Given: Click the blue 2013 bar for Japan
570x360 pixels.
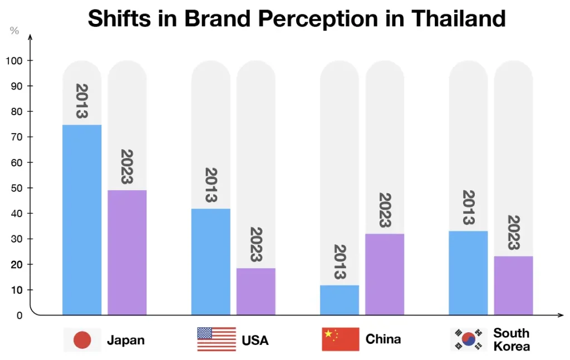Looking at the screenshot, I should tap(82, 220).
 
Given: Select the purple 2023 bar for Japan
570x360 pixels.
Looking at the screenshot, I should tap(127, 253).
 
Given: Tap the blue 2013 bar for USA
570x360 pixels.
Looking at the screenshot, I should tap(210, 262).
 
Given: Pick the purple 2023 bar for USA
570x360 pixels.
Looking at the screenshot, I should tap(255, 292).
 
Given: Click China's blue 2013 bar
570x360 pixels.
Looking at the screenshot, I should tap(340, 300).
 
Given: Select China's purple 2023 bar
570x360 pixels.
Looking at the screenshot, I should tap(385, 274).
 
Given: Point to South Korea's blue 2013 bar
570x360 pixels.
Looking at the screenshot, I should tap(468, 273).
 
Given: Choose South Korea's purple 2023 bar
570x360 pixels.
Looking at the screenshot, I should tap(513, 285).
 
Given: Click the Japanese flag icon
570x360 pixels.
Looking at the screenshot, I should tap(82, 339).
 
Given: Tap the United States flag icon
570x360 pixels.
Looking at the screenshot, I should tap(216, 339).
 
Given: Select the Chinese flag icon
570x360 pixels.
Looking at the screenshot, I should tap(340, 339).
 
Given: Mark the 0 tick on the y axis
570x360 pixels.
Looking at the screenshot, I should tap(19, 315).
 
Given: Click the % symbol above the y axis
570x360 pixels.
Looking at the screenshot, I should tap(14, 31).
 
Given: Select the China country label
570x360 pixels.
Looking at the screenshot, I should tap(383, 339).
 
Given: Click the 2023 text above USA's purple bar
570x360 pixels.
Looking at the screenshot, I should tap(255, 244).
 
